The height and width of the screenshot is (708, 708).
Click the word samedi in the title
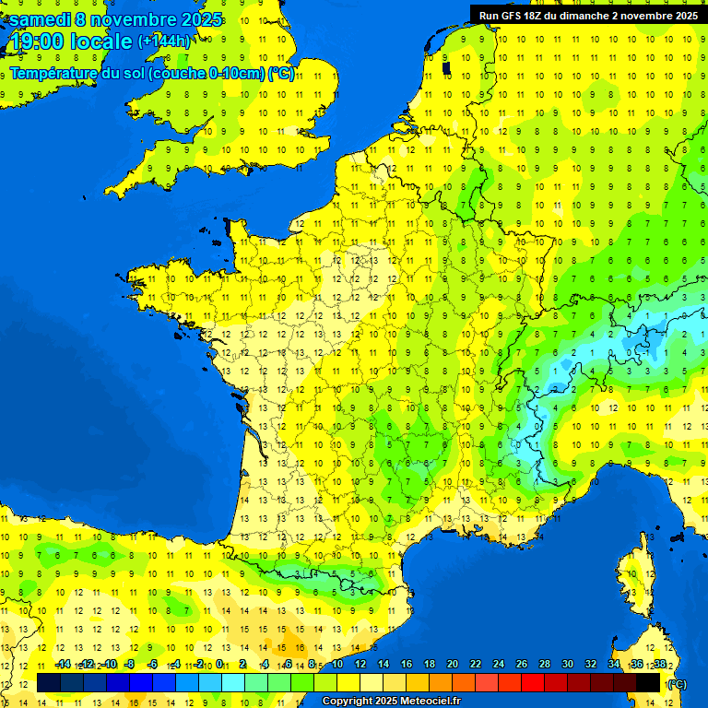(x=41, y=19)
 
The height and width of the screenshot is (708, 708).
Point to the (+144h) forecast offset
(x=164, y=41)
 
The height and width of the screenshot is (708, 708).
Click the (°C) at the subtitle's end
(x=281, y=74)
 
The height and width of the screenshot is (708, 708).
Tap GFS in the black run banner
(x=512, y=16)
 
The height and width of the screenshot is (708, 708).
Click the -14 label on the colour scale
(x=63, y=665)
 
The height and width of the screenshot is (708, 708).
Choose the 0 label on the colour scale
(x=219, y=665)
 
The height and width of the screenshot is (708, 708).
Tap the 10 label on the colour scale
(x=336, y=665)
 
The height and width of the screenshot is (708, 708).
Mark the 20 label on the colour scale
(x=453, y=665)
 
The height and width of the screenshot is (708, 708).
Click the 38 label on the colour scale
(x=660, y=665)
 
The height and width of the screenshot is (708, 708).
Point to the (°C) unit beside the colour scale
(x=677, y=684)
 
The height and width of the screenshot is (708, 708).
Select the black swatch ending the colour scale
(x=648, y=682)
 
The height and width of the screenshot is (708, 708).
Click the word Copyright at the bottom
(x=348, y=702)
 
